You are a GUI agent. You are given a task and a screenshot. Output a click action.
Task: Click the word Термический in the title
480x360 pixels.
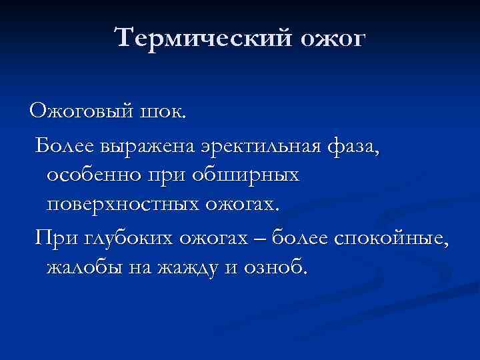[x=203, y=37]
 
